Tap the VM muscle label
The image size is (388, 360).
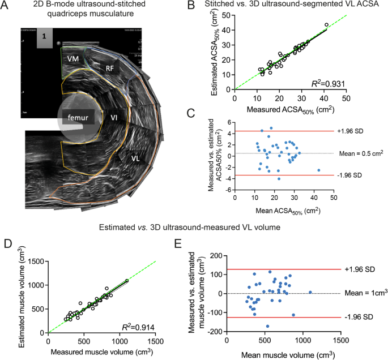pos(73,58)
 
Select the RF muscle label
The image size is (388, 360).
pos(111,68)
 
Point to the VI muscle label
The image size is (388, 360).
pos(114,118)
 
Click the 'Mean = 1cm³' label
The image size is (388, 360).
pos(363,293)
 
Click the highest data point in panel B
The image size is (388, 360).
pos(326,25)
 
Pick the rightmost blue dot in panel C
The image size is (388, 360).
pos(318,170)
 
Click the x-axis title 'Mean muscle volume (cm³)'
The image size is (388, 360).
pos(284,355)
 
